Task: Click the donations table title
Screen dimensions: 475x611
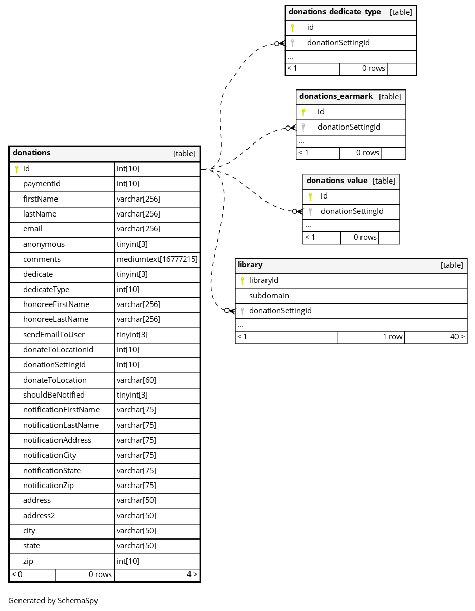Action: point(31,153)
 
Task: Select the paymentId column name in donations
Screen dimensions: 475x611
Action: point(42,184)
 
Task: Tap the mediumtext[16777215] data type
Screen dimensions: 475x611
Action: point(157,259)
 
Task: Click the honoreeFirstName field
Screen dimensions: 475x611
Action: point(56,304)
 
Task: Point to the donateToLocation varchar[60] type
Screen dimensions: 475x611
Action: point(136,380)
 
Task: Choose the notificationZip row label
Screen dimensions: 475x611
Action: point(48,486)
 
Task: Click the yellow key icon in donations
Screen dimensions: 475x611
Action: point(17,169)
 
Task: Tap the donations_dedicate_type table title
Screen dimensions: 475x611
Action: point(335,12)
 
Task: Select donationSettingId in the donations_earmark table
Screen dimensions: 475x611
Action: point(349,127)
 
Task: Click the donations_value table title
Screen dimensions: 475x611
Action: point(337,181)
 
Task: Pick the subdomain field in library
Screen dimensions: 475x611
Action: point(269,296)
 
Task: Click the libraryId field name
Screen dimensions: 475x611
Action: point(263,281)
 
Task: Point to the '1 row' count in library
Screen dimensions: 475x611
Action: point(392,337)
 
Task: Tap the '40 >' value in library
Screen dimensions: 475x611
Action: point(458,337)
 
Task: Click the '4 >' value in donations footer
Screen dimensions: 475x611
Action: point(192,574)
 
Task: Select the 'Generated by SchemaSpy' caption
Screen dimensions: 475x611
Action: point(53,601)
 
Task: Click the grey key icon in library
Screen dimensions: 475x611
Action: point(242,311)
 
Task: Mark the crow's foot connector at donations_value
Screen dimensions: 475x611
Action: point(298,211)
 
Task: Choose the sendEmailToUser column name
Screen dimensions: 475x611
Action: point(54,335)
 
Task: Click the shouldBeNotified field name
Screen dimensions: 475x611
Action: point(54,395)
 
